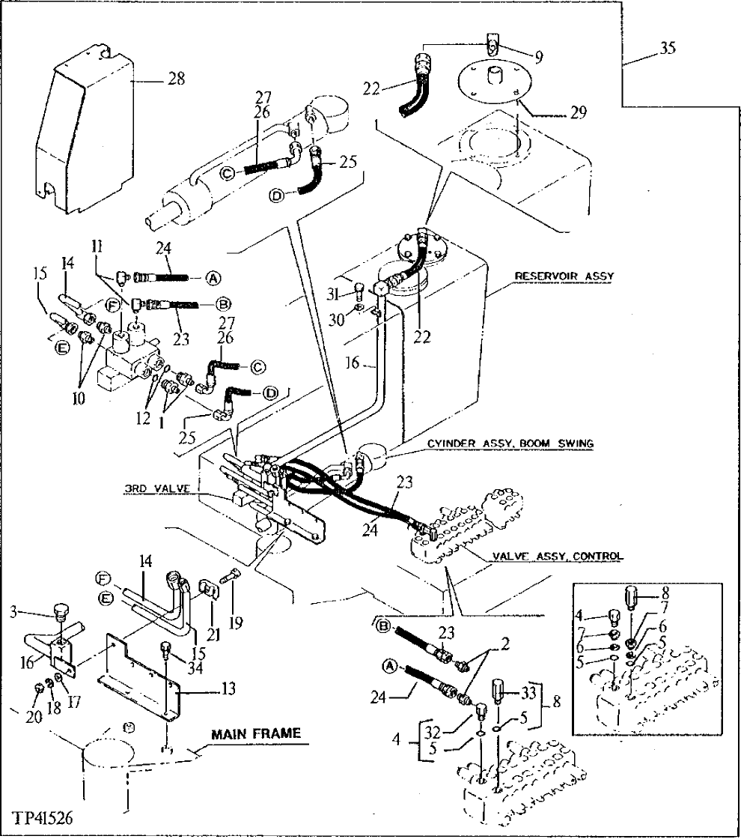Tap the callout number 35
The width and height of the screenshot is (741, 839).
[x=668, y=49]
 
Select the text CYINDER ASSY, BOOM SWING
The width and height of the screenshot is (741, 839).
[x=510, y=443]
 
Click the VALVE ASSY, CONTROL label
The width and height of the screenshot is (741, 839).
[x=558, y=556]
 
